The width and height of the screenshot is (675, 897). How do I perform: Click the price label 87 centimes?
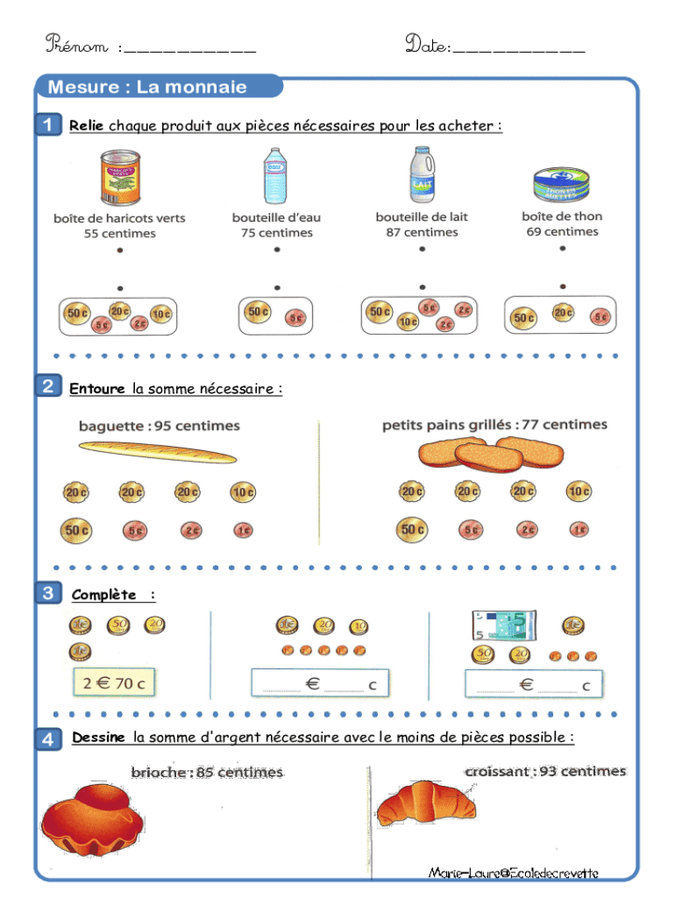coord(422,232)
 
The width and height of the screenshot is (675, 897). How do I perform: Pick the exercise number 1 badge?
coord(49,124)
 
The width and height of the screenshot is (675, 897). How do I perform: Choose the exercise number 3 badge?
coord(49,594)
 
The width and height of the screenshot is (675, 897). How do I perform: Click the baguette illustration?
coord(158,451)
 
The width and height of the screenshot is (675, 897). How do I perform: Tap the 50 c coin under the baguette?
coord(75,530)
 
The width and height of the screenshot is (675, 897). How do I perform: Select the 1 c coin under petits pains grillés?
coord(579,530)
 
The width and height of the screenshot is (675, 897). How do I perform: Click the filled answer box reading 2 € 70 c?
coord(114,682)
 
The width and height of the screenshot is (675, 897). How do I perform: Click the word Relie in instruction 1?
coord(86,126)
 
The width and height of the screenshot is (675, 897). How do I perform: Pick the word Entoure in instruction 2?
coord(98,389)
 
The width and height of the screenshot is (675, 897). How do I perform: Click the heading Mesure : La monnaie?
coord(147,87)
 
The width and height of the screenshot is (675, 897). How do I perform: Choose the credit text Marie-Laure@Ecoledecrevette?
coord(514,872)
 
